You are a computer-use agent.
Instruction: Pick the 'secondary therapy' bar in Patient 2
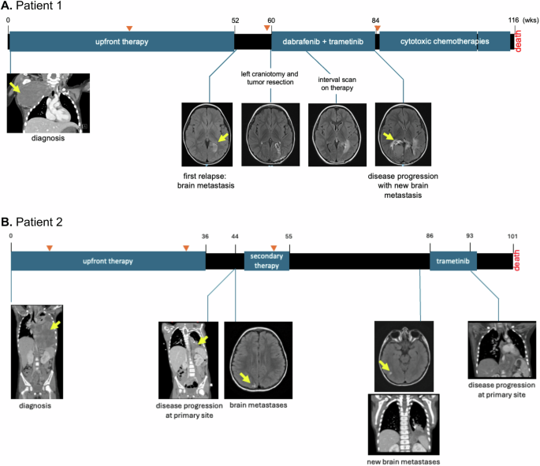click(x=266, y=261)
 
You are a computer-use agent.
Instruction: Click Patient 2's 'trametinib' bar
click(x=452, y=261)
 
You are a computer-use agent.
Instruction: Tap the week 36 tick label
click(x=206, y=236)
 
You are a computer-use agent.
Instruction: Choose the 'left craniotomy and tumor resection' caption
click(x=270, y=78)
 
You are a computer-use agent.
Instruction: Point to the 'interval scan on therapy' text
click(x=337, y=84)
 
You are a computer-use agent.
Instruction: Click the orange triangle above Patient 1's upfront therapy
click(x=129, y=28)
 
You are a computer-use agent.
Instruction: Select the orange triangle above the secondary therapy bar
click(x=273, y=248)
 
